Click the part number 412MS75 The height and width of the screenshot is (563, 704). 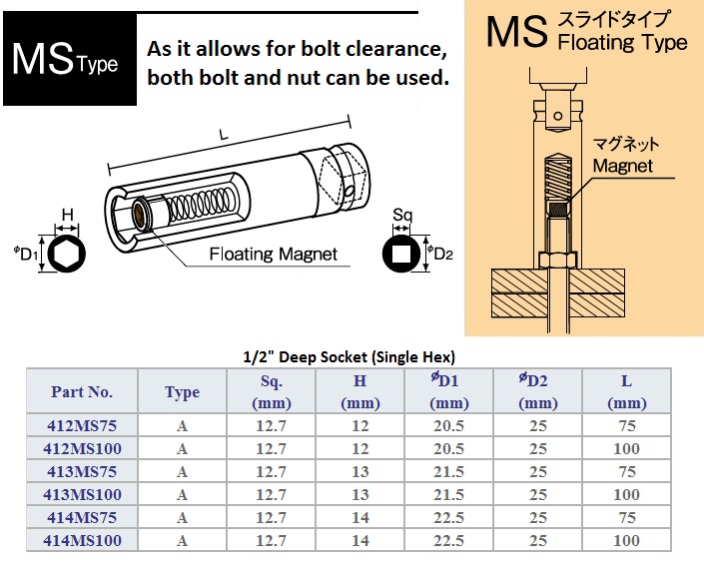(x=82, y=425)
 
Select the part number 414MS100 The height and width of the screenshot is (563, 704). (x=82, y=540)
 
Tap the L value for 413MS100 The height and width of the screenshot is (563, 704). (x=626, y=494)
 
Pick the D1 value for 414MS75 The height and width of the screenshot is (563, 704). (x=448, y=517)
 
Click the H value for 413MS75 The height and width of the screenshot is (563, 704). (x=360, y=471)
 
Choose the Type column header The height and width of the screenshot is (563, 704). (x=182, y=392)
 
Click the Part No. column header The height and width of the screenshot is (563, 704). (x=81, y=391)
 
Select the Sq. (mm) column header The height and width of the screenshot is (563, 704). (x=272, y=392)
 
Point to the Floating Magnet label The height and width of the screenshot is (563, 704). (x=273, y=255)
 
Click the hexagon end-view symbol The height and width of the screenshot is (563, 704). (x=67, y=254)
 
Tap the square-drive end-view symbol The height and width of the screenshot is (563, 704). (x=401, y=254)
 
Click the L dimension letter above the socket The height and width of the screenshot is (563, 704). (x=224, y=135)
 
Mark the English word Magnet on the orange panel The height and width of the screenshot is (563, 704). (x=623, y=166)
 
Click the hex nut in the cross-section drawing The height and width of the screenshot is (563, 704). (x=557, y=261)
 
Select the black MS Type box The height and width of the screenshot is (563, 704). (x=70, y=59)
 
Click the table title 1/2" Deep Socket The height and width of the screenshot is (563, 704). (x=349, y=357)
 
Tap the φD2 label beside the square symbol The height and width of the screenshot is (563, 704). (x=439, y=254)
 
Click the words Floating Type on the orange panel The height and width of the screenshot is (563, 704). (x=623, y=43)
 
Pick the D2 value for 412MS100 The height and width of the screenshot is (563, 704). (x=537, y=448)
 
